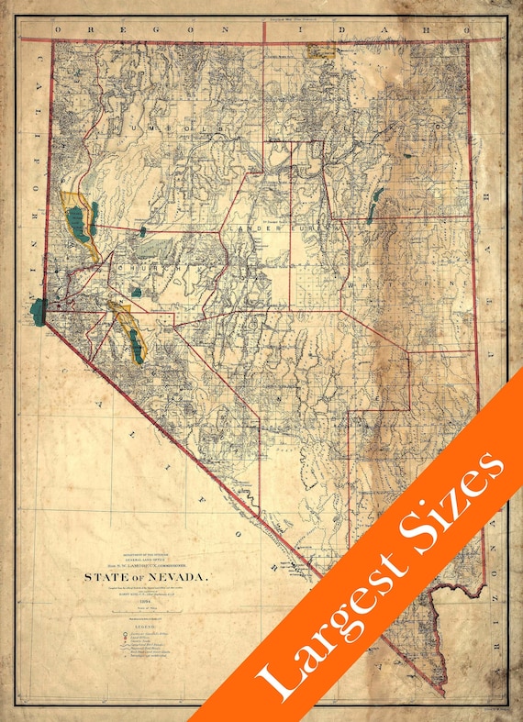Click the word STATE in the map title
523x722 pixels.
pyautogui.click(x=108, y=578)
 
